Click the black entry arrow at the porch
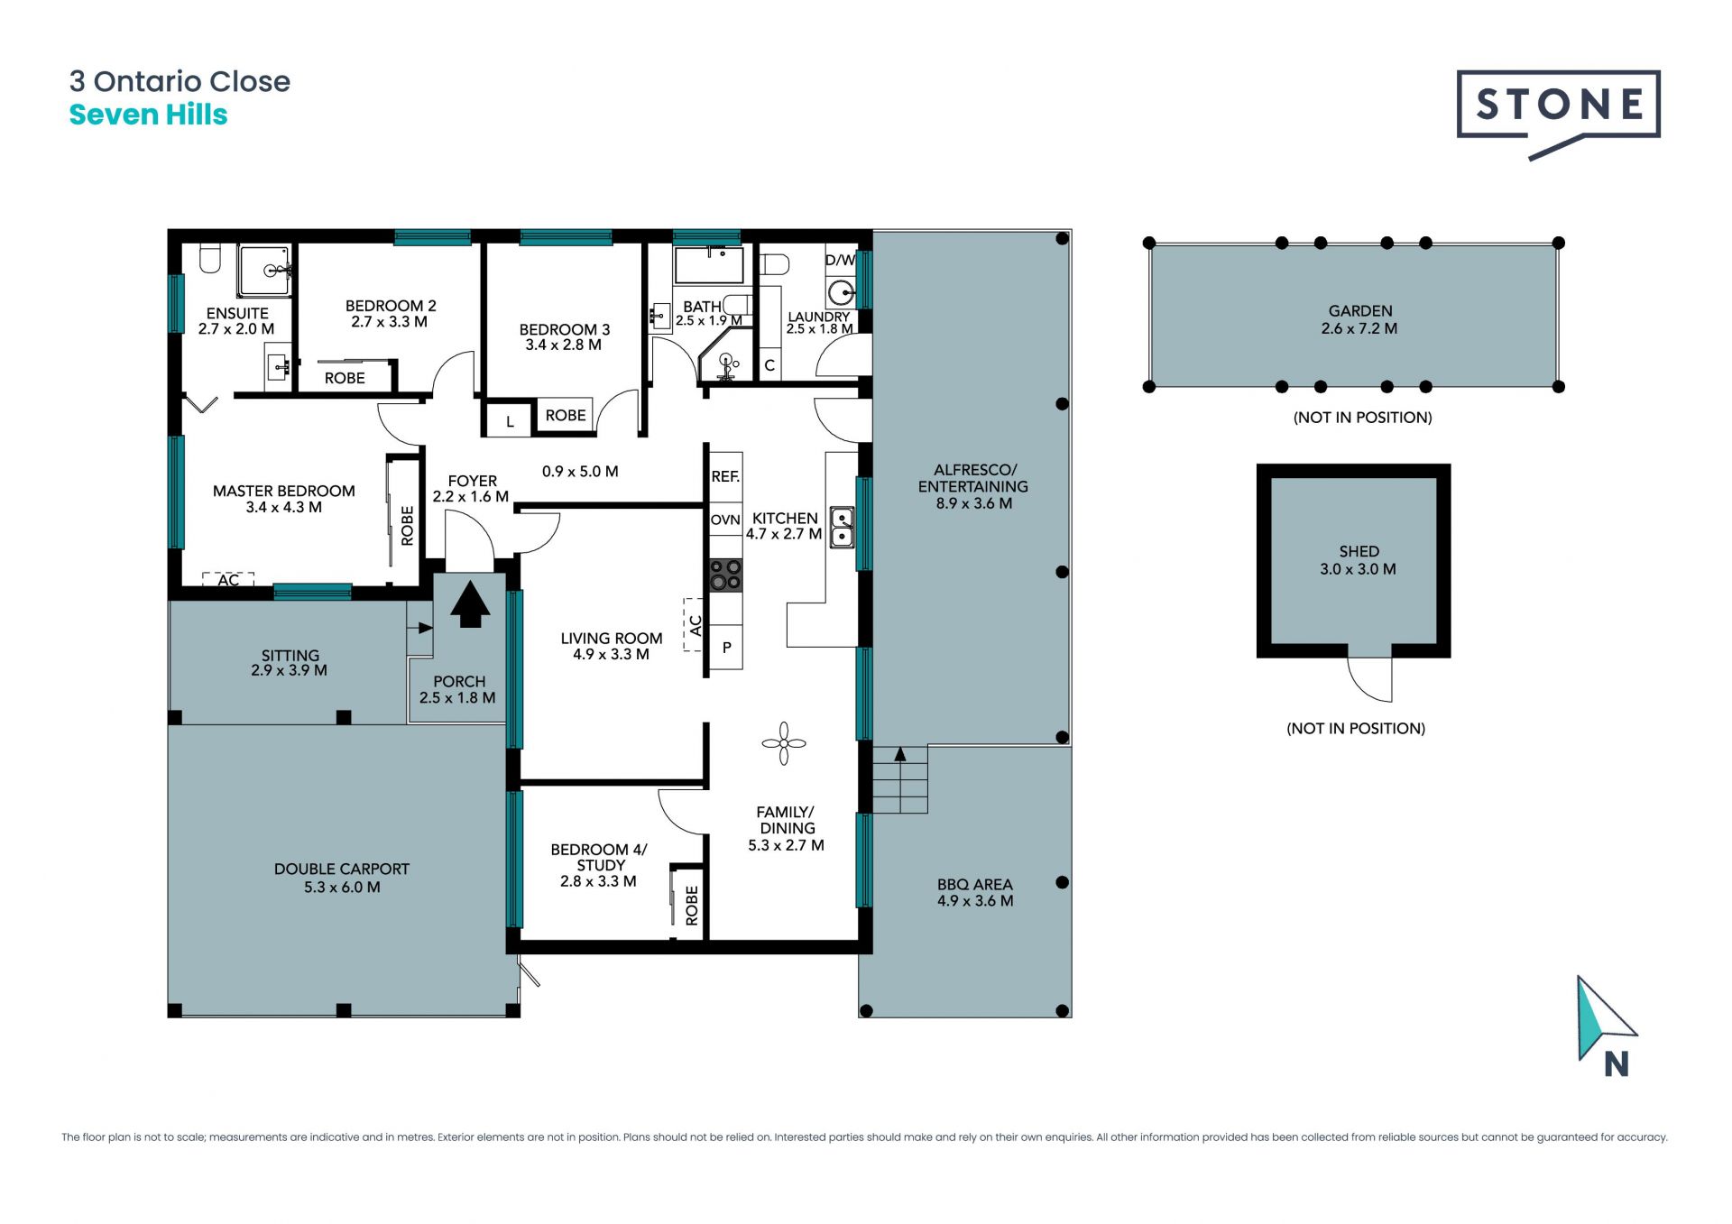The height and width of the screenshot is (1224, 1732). [470, 603]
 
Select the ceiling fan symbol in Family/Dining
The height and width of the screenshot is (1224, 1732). [783, 743]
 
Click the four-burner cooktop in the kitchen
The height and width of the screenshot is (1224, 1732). [725, 575]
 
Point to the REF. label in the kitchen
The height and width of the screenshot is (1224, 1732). [725, 476]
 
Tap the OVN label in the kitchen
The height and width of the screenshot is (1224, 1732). [725, 520]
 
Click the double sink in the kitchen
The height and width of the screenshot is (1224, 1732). [842, 527]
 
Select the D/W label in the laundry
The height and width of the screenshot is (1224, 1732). [840, 260]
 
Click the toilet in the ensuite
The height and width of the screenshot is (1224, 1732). [210, 258]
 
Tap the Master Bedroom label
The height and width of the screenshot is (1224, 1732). [284, 491]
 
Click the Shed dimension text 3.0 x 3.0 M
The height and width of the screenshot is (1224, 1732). [1358, 569]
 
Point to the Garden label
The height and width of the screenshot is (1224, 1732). [1360, 311]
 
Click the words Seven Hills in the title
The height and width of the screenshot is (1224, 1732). [149, 115]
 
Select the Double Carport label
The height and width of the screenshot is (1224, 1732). [342, 869]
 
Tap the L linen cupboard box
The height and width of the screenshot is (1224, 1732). [510, 420]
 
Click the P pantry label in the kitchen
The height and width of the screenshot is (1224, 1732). [726, 648]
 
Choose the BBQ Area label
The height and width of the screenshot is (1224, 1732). [974, 885]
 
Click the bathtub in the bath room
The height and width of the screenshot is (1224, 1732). [709, 265]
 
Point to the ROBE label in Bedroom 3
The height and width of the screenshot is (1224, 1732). [566, 415]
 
